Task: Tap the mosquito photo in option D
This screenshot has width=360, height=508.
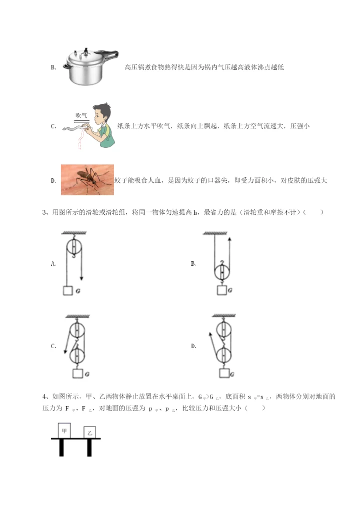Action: [87, 179]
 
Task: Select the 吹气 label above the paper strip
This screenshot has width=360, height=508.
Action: [81, 115]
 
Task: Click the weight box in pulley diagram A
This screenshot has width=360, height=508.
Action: [67, 291]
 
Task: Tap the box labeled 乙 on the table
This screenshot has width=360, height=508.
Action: [90, 433]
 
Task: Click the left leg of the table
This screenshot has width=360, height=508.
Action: [61, 448]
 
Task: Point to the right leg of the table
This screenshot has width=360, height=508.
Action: [89, 448]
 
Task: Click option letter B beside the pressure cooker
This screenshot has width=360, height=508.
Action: [53, 68]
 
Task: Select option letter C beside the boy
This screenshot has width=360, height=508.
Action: [53, 126]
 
